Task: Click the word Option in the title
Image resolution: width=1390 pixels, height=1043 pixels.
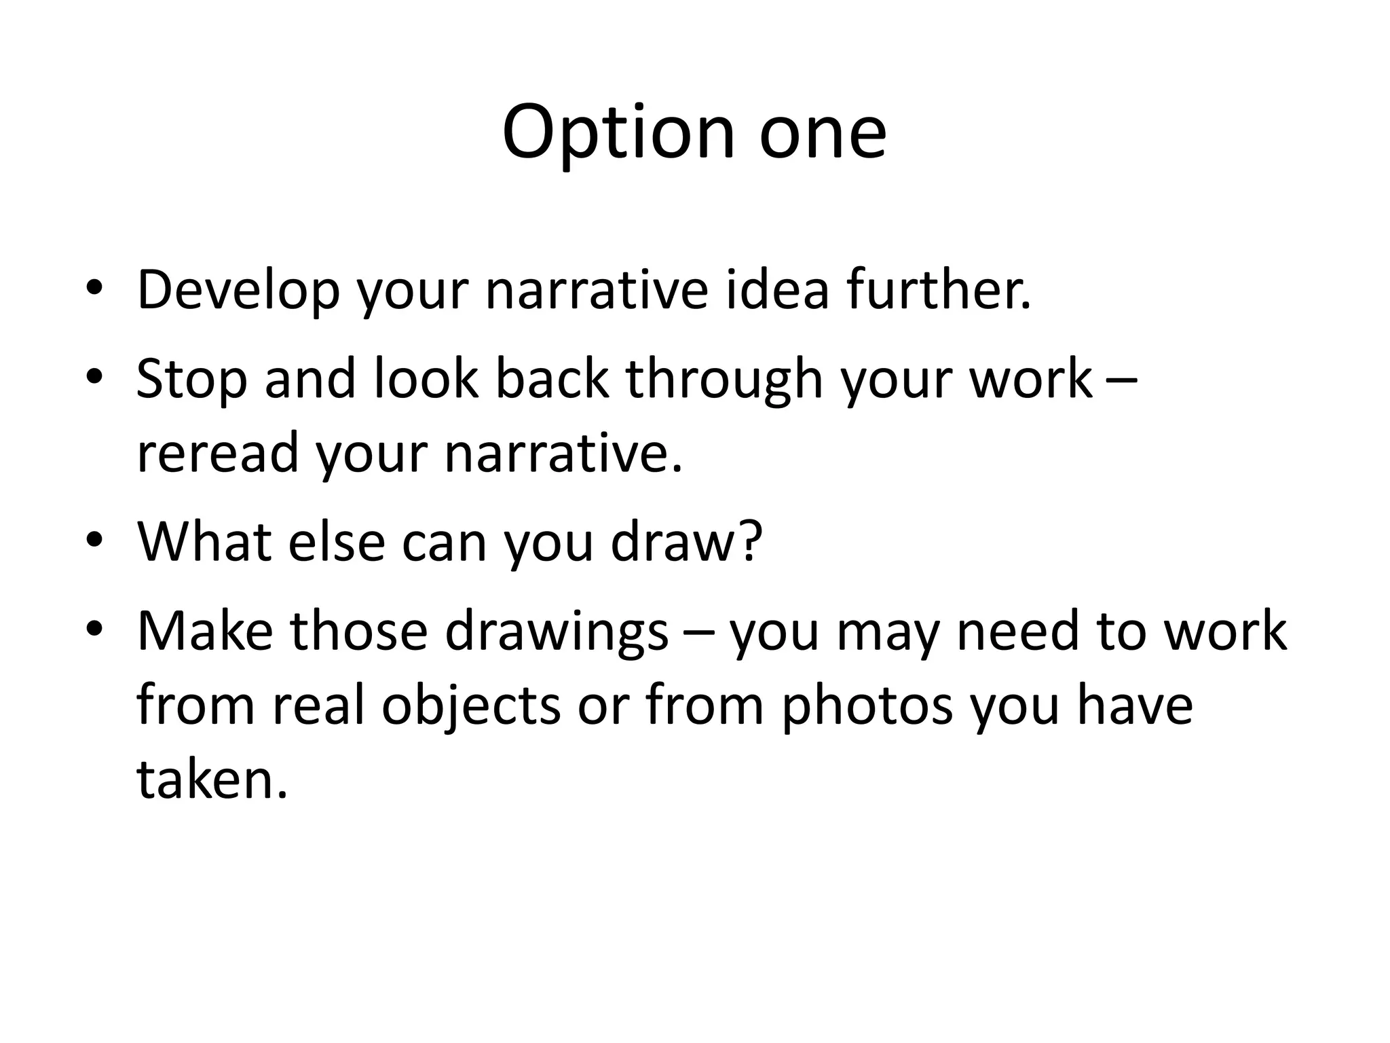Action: point(618,132)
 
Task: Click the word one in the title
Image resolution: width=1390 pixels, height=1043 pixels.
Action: point(822,132)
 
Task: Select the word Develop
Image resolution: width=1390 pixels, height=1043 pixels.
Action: point(238,291)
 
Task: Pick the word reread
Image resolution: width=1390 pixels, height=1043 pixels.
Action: point(217,454)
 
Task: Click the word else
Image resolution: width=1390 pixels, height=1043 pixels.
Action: point(337,542)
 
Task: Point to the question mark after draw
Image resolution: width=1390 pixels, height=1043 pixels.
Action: point(749,541)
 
